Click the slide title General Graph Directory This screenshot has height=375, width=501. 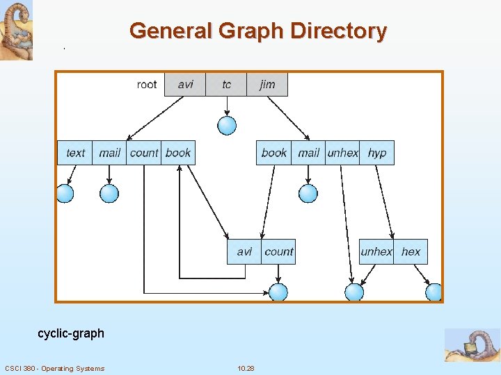pyautogui.click(x=257, y=31)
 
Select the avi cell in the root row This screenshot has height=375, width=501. pyautogui.click(x=185, y=85)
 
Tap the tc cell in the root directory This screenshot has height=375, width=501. pyautogui.click(x=227, y=85)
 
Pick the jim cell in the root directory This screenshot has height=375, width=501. pyautogui.click(x=267, y=85)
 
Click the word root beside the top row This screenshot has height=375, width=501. pyautogui.click(x=147, y=85)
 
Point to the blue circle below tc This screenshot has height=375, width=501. pyautogui.click(x=227, y=125)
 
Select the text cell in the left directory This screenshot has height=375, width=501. pyautogui.click(x=75, y=153)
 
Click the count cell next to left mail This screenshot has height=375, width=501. pyautogui.click(x=144, y=153)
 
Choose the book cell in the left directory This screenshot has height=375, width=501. pyautogui.click(x=178, y=153)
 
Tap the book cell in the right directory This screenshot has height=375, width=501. pyautogui.click(x=273, y=153)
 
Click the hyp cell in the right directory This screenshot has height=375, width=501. pyautogui.click(x=377, y=153)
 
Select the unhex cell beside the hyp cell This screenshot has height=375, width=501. pyautogui.click(x=342, y=153)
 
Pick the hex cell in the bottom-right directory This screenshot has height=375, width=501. pyautogui.click(x=411, y=251)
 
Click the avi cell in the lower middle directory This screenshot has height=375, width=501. pyautogui.click(x=244, y=251)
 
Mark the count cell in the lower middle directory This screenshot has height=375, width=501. pyautogui.click(x=279, y=251)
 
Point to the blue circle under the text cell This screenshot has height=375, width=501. pyautogui.click(x=65, y=193)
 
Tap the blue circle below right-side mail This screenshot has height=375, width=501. pyautogui.click(x=308, y=193)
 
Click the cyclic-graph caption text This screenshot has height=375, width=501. pyautogui.click(x=71, y=333)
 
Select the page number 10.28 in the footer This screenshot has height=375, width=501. pyautogui.click(x=246, y=368)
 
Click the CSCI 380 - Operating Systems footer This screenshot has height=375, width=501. pyautogui.click(x=54, y=368)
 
